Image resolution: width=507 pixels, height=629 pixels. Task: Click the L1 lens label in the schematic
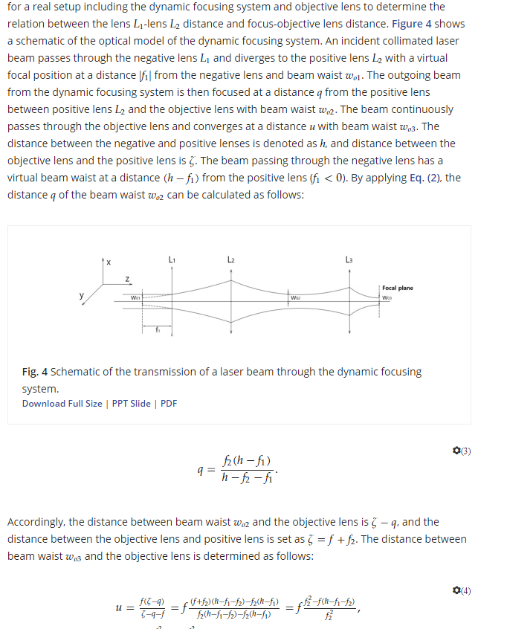coord(172,259)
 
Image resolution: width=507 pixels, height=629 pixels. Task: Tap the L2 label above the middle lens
coord(231,259)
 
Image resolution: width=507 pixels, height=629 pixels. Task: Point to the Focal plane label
coord(398,288)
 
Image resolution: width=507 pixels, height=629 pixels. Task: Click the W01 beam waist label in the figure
coord(135,299)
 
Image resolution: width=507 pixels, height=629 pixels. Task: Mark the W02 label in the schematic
coord(296,298)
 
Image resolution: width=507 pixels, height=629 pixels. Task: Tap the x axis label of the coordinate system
coord(109,262)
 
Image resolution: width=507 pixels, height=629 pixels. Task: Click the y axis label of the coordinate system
coord(82,295)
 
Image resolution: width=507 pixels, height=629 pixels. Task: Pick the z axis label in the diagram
coord(126,280)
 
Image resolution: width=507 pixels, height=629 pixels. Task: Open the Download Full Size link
coord(62,404)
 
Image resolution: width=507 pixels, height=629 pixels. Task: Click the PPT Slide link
coord(131,404)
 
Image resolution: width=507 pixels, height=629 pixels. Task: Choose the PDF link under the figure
coord(169,404)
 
